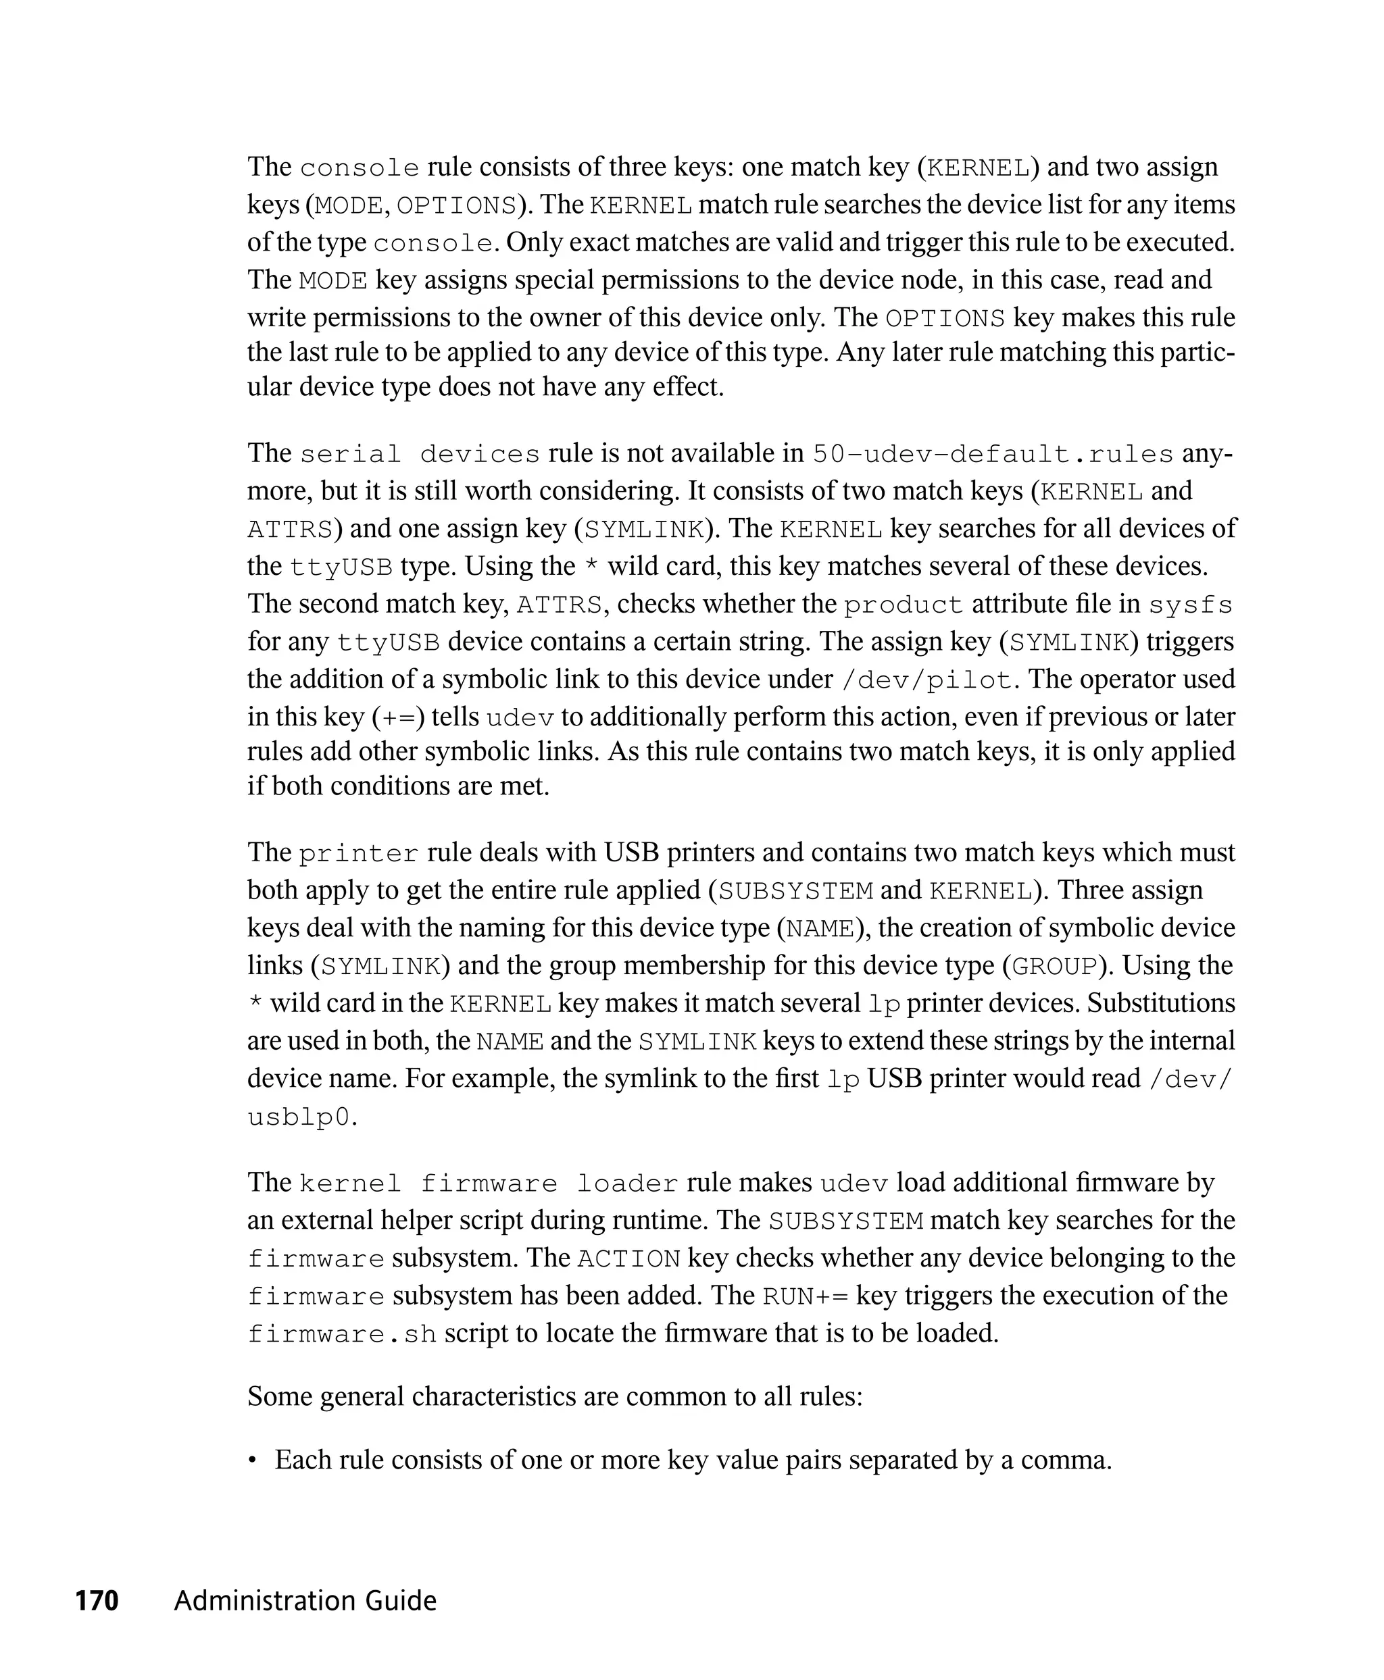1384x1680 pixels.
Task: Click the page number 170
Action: coord(97,1600)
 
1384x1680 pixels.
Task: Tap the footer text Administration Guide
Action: coord(305,1600)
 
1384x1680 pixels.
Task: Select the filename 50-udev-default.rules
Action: coord(993,454)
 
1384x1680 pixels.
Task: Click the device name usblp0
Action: coord(299,1117)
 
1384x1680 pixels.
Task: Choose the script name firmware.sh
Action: coord(342,1334)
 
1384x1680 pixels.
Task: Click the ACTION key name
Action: coord(628,1259)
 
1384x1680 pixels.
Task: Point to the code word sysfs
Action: coord(1190,605)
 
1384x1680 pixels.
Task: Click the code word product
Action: coord(904,605)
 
